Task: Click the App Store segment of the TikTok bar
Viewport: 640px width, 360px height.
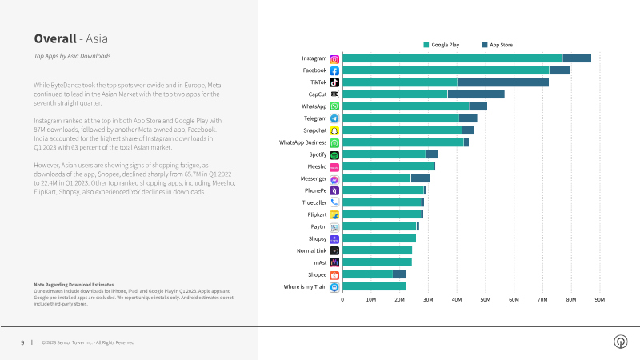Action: pos(502,82)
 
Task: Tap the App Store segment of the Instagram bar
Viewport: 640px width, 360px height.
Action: pos(577,58)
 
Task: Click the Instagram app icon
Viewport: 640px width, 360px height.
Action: pos(334,58)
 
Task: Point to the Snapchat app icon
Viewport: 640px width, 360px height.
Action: pos(334,130)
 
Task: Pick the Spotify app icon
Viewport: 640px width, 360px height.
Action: pos(334,154)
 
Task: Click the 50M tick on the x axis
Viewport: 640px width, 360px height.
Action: pos(486,300)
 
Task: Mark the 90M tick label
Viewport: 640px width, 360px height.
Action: pos(599,300)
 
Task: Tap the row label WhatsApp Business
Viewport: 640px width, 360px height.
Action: pos(302,142)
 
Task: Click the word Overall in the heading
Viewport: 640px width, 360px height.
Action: pos(54,38)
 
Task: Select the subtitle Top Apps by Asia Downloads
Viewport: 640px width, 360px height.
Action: pos(72,56)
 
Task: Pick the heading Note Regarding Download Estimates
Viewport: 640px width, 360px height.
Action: pos(74,285)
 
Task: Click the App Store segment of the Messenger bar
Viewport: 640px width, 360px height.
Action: pos(420,178)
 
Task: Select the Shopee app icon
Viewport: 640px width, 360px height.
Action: pos(334,274)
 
